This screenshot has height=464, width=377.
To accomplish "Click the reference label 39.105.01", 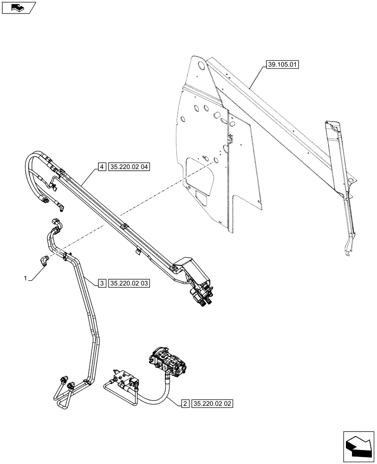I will pos(282,65).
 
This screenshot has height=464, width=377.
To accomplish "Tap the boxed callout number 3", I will pos(102,283).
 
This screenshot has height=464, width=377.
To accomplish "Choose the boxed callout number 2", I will pos(184,404).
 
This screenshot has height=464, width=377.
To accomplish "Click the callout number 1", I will pos(26,278).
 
